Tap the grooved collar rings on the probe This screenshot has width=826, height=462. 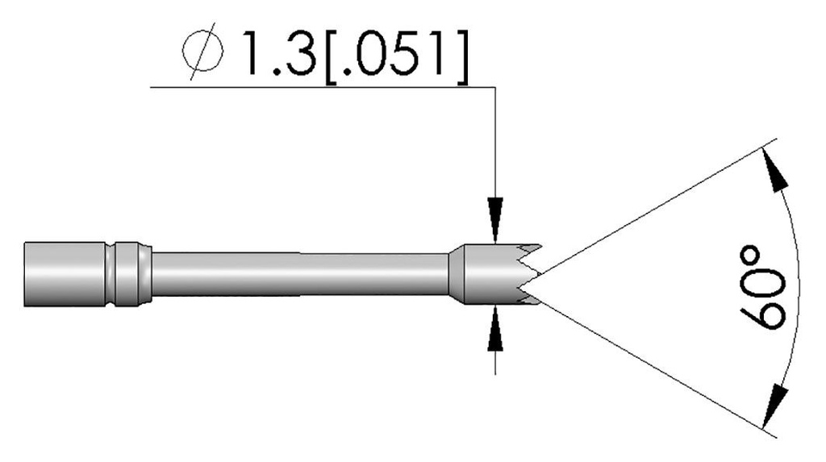(128, 273)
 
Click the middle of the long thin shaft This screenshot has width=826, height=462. (298, 274)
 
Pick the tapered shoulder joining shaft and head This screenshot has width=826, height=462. (455, 274)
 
